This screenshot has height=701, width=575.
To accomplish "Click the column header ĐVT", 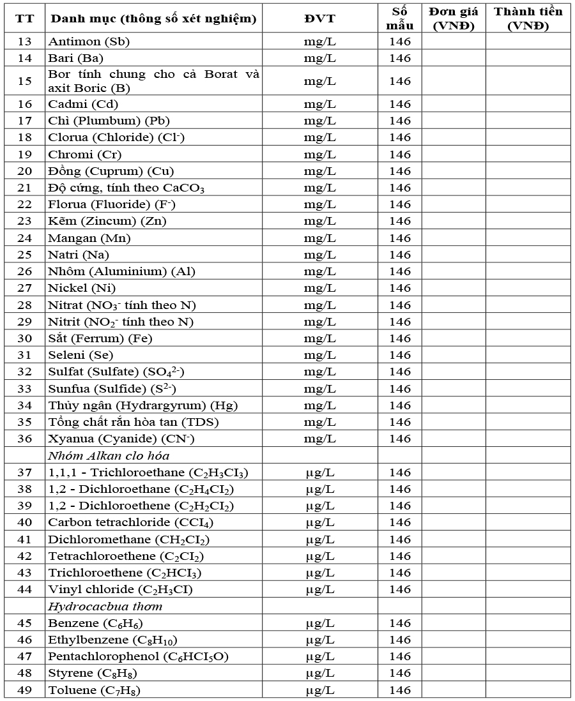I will pos(319,19).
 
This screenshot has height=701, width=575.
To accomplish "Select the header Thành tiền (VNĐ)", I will pos(528,19).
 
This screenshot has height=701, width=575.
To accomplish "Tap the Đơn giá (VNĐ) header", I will pos(454,19).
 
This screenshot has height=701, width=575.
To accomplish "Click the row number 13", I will pos(24,41).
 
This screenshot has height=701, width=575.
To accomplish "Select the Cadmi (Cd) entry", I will pos(83,104).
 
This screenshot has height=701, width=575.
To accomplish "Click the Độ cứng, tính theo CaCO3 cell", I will pos(126,188).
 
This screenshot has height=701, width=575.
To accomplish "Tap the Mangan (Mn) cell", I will pos(89,238).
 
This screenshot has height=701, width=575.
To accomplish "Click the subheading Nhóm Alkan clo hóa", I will pos(109,455).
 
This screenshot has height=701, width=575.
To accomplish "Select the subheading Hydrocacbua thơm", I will pos(105,607).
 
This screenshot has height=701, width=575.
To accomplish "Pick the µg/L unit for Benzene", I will pos(319,623).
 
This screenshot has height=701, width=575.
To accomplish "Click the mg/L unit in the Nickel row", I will pos(319,288).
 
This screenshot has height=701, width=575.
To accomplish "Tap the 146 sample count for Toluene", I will pos(400,690).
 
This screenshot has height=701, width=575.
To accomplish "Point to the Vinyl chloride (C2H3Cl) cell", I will pos(120,589).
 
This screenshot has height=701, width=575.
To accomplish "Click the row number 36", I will pos(24,439).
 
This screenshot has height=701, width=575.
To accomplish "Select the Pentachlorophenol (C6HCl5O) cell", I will pos(138,656).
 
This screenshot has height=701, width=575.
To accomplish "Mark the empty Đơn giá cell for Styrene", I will pos(454,673).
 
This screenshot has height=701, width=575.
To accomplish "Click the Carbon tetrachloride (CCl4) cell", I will pos(131,522).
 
